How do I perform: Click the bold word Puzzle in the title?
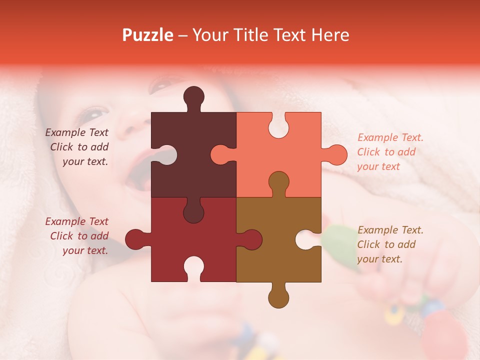pyautogui.click(x=148, y=35)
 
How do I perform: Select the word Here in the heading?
pyautogui.click(x=329, y=35)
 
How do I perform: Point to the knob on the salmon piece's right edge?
pyautogui.click(x=336, y=154)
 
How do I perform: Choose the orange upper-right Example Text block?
pyautogui.click(x=390, y=152)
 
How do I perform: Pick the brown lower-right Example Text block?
pyautogui.click(x=390, y=244)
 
